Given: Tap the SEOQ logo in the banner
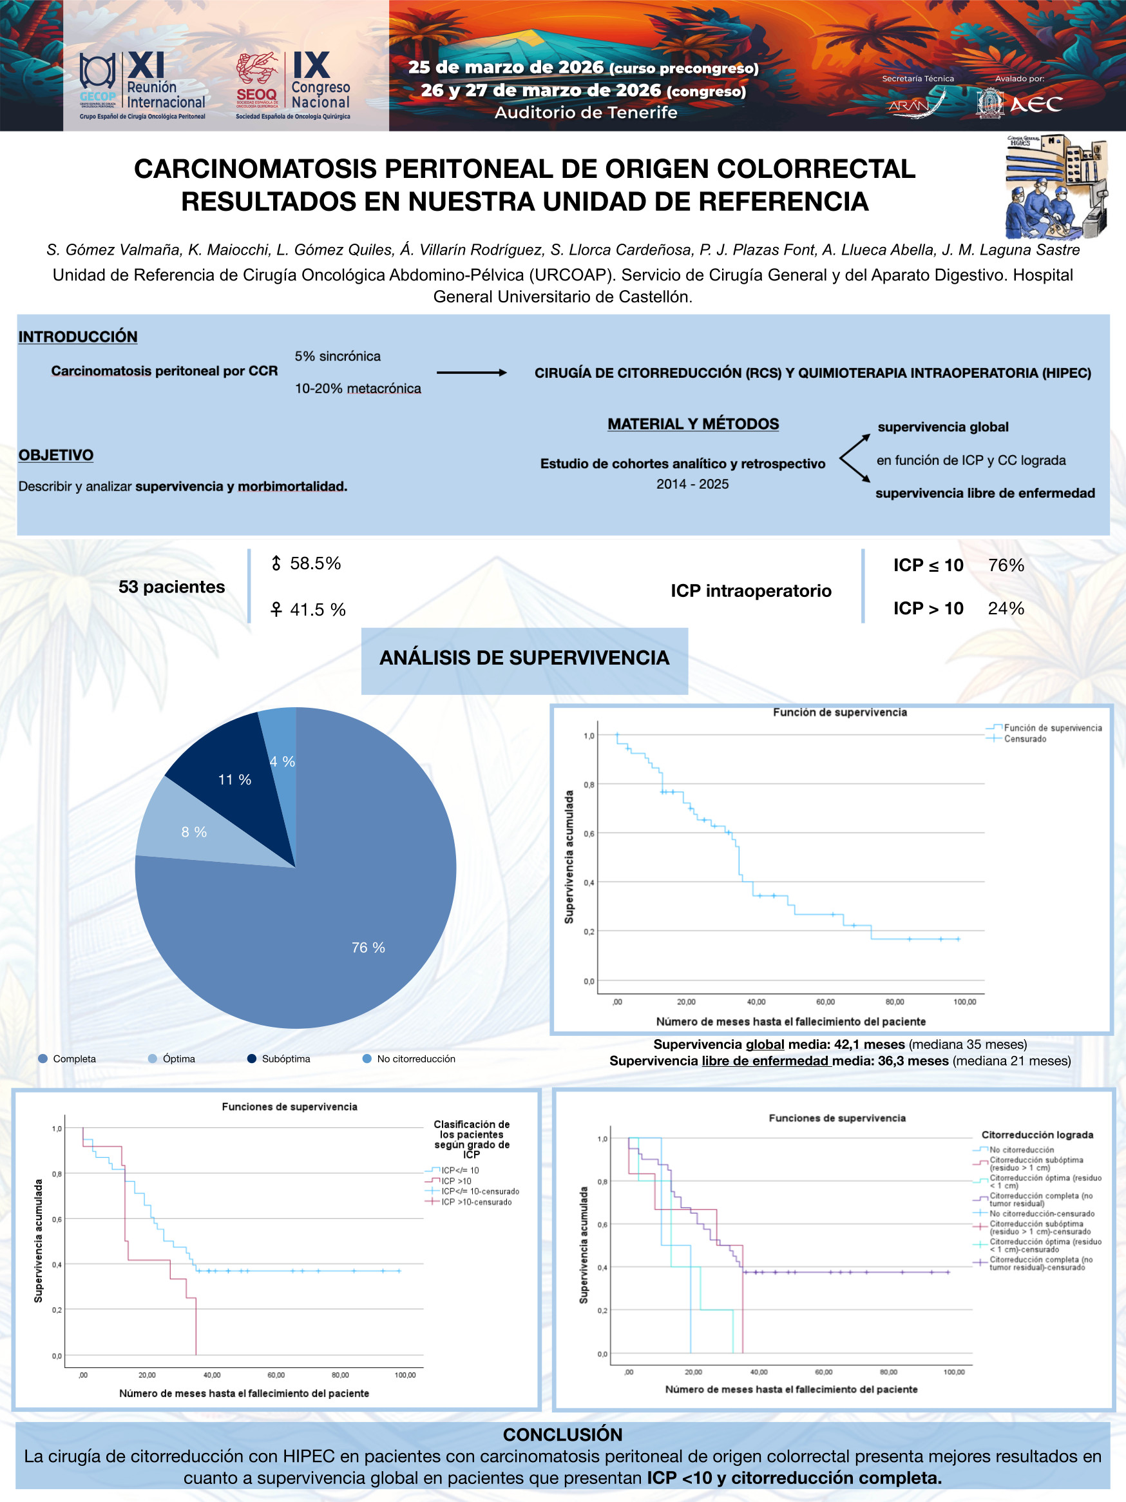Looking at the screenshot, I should (256, 79).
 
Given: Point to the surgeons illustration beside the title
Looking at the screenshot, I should (1056, 186).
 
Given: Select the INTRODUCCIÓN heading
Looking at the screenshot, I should (77, 336).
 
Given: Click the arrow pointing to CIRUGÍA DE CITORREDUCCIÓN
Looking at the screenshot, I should (471, 372).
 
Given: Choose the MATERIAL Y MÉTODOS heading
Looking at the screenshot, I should (693, 424).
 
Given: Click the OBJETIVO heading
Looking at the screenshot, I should (55, 455).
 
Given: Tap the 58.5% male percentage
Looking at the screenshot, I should (315, 563).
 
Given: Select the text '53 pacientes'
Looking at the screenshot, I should (172, 587).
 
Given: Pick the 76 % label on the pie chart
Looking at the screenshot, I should (368, 947).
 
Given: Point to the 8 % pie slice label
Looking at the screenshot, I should (193, 832).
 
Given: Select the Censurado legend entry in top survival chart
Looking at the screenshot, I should (1025, 739).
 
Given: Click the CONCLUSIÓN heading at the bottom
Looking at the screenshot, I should (562, 1434).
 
